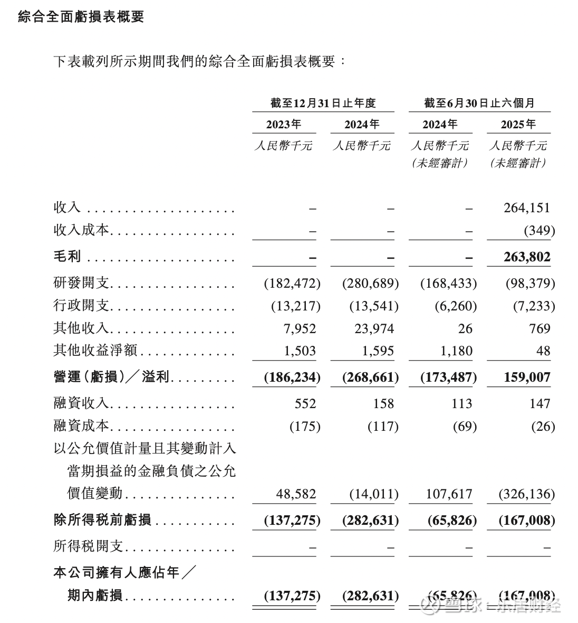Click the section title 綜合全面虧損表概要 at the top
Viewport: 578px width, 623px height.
(81, 17)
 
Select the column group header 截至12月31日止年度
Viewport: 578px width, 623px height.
(323, 103)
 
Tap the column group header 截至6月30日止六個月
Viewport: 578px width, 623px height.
(479, 103)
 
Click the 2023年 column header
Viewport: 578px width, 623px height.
(284, 125)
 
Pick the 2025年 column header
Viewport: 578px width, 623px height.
(518, 125)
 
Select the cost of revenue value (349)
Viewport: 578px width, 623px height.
(539, 230)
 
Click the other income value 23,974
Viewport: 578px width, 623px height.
(374, 328)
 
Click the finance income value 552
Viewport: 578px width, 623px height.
(305, 403)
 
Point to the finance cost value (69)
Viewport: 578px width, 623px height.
(465, 426)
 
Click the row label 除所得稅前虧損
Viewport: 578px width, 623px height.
(102, 520)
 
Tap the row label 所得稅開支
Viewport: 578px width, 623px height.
(88, 546)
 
